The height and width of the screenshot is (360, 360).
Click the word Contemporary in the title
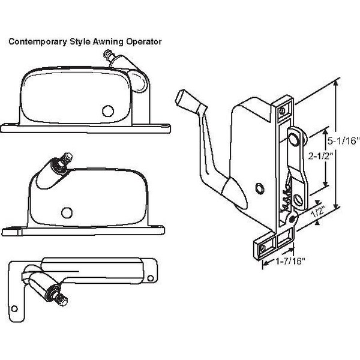click(x=32, y=42)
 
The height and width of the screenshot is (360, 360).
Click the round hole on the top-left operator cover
click(x=109, y=112)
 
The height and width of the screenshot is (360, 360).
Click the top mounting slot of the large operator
click(x=283, y=109)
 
